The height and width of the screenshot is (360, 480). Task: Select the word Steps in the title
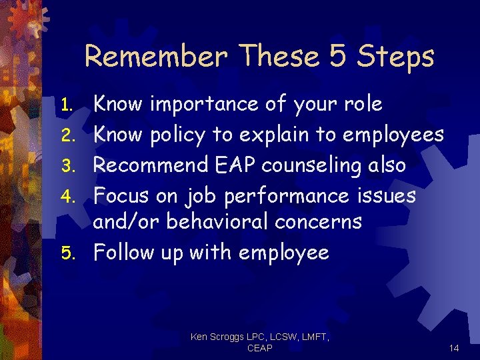(396, 57)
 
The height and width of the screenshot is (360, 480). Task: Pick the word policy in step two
(177, 136)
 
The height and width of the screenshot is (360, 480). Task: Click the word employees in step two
(393, 136)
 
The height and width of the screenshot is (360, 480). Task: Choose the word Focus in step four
(121, 196)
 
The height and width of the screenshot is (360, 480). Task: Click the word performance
(288, 197)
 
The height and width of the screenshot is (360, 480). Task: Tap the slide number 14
(454, 348)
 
